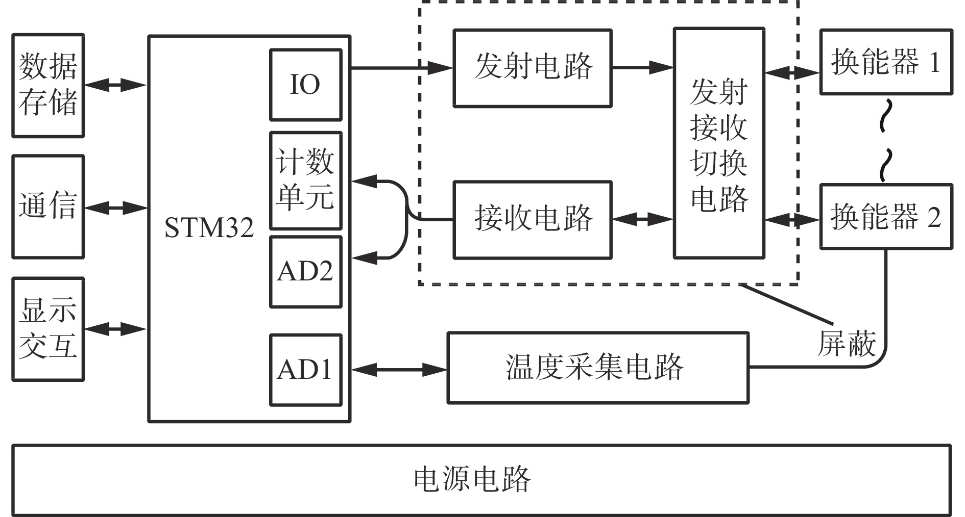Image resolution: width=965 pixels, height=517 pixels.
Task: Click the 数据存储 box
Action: tap(48, 86)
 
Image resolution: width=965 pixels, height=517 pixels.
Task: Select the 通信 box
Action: tap(48, 206)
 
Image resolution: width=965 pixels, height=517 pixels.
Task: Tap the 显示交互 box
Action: tap(48, 329)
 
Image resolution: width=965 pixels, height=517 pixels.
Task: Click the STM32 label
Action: tap(209, 228)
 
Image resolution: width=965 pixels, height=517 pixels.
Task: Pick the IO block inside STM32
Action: tap(305, 85)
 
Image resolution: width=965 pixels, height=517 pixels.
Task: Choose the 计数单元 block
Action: tap(305, 180)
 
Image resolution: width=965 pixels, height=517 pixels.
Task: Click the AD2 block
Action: tap(305, 272)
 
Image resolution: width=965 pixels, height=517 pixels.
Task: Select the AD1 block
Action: tap(305, 369)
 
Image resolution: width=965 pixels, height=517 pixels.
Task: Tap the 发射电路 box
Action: tap(533, 67)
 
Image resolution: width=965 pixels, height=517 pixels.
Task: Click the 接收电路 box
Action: tap(533, 219)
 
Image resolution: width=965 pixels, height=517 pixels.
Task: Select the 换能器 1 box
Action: tap(886, 62)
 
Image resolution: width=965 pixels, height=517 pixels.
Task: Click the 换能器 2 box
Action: tap(886, 217)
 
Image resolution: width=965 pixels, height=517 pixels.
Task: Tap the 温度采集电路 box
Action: tap(597, 368)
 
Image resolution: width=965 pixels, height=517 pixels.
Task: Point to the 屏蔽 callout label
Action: tap(847, 343)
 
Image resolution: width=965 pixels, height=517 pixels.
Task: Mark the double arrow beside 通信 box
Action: tap(116, 207)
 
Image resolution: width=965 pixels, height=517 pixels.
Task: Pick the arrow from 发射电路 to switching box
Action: tap(642, 67)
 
